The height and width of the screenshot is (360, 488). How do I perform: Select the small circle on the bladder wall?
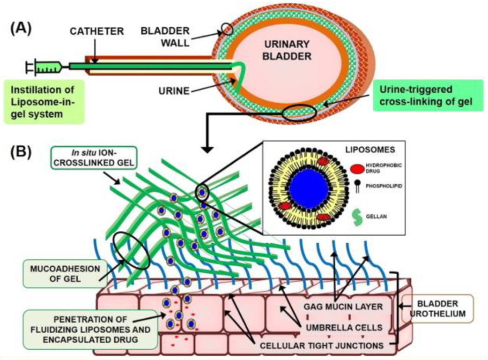click(x=227, y=29)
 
